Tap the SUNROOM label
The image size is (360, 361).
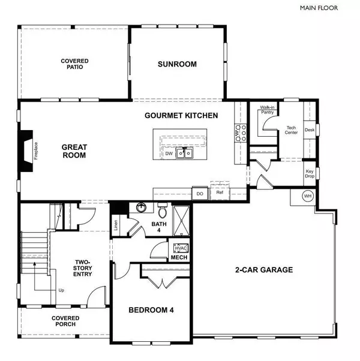[x=177, y=64]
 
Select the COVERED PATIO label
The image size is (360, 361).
[x=75, y=64]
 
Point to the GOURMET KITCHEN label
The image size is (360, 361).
[x=181, y=115]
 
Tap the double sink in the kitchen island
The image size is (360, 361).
[x=184, y=153]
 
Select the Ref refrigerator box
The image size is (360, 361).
[x=219, y=193]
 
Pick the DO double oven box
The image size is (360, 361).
[x=199, y=193]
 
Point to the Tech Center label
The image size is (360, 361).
[x=292, y=130]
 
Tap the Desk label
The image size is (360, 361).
[x=310, y=130]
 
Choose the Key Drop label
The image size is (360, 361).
[x=310, y=173]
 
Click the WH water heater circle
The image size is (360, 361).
[x=308, y=196]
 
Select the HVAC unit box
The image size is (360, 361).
[x=181, y=248]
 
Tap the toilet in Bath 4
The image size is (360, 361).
[x=161, y=212]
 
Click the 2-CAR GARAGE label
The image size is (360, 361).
[x=263, y=270]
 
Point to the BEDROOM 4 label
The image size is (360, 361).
[x=151, y=310]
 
